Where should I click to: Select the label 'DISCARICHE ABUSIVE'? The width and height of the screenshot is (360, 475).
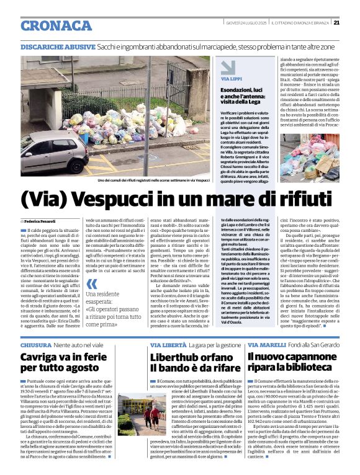tap(53, 47)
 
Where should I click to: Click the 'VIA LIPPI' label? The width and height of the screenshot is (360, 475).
tap(232, 79)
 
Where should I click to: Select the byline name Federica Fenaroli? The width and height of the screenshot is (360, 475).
tap(41, 221)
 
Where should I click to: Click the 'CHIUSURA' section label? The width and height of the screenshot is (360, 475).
tap(35, 344)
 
